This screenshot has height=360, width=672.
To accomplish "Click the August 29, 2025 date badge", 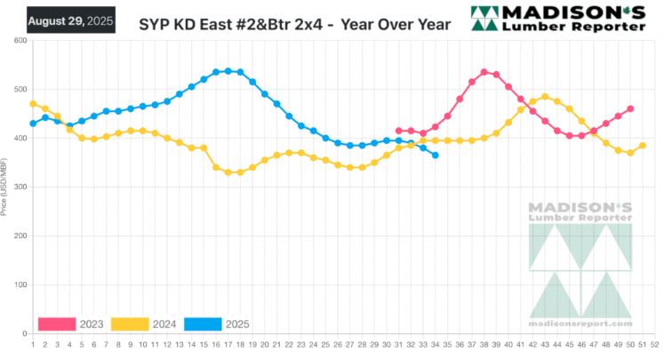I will [71, 20].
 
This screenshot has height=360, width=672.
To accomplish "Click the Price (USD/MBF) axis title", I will [8, 188].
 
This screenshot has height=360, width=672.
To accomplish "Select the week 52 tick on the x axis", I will [654, 344].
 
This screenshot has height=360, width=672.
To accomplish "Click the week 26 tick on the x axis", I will [338, 344].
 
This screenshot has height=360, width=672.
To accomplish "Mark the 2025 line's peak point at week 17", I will [228, 71].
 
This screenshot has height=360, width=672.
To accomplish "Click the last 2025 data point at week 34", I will [435, 156].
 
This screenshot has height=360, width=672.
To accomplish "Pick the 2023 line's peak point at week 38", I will [484, 72].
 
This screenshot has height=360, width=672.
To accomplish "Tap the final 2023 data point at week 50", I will [630, 109].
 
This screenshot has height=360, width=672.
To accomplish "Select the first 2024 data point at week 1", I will [33, 104].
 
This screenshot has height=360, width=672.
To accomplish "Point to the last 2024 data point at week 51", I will [642, 146].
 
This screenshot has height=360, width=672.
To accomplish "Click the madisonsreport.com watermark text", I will [580, 313].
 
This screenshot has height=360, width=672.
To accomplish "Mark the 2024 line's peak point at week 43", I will [545, 97].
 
